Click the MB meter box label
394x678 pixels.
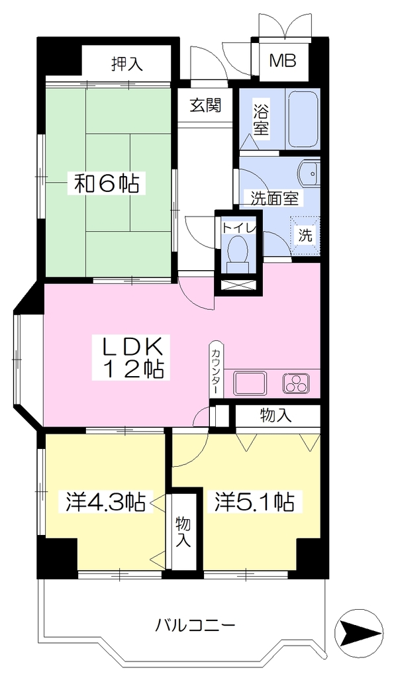tap(283, 60)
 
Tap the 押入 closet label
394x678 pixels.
tap(126, 64)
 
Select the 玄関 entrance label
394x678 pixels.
tap(206, 105)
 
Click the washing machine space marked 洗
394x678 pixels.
tap(306, 236)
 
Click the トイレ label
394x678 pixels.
tap(240, 228)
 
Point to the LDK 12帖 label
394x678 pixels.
tap(132, 358)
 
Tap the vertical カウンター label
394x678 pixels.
tap(215, 369)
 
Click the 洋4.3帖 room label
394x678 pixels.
tap(105, 502)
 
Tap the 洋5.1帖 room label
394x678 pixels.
tap(255, 502)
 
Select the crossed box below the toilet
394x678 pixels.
tap(239, 285)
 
